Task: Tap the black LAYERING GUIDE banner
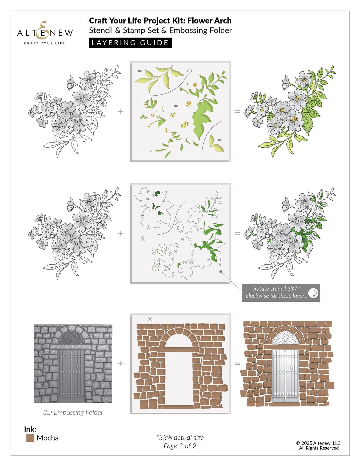coord(130,43)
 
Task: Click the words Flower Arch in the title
coord(209,20)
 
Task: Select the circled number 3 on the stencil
coord(189,71)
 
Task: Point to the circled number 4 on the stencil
coord(143,239)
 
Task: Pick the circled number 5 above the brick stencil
coord(150,319)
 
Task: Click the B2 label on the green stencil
coord(176,106)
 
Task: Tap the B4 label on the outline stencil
coord(148,199)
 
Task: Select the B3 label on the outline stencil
coord(183,239)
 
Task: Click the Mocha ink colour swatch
coord(30,438)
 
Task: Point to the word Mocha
coord(48,438)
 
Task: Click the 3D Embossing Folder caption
coord(73,412)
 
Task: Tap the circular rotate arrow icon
coord(313,293)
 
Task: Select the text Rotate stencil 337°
coord(276,289)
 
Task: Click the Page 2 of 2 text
coord(180,446)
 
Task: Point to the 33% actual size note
coord(180,438)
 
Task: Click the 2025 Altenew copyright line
coord(319,443)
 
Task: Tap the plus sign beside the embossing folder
coord(121,364)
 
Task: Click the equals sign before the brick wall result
coord(237,364)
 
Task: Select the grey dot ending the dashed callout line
coord(221,272)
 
